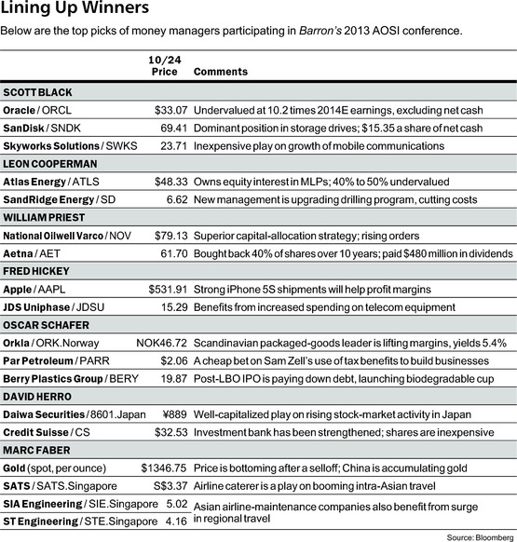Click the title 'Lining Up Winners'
coord(75,10)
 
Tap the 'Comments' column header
coord(221,71)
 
